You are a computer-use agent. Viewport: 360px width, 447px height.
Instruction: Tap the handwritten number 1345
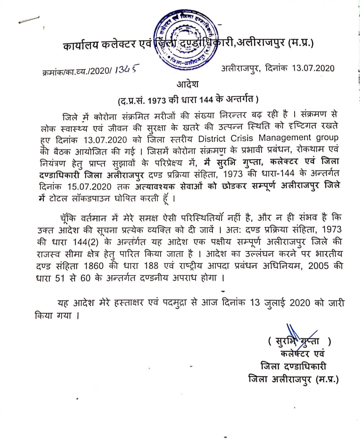[126, 70]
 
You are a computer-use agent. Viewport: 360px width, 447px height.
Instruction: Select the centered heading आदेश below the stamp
[187, 84]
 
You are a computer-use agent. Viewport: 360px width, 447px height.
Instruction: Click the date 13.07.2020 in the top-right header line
[313, 68]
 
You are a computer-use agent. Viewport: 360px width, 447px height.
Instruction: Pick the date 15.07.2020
[89, 186]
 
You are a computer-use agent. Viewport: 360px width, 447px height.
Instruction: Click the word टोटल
[59, 199]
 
